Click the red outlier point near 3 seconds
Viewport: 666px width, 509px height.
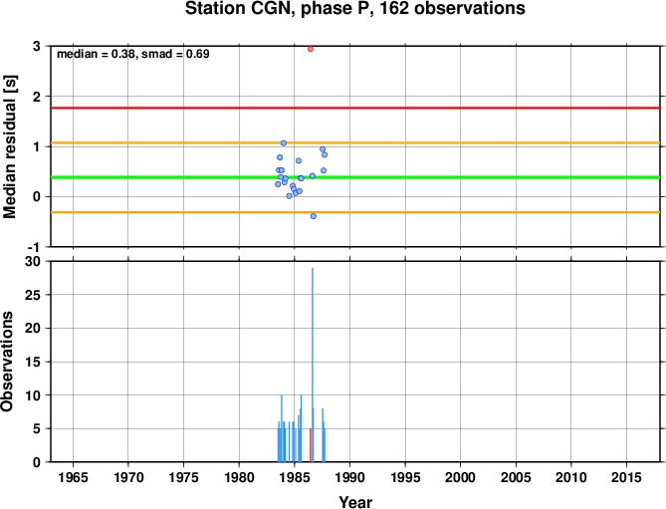[311, 49]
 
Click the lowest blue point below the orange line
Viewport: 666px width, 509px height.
[314, 216]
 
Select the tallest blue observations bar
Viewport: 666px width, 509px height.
[313, 365]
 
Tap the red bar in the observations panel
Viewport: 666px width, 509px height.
[311, 445]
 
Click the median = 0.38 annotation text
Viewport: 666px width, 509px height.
[96, 54]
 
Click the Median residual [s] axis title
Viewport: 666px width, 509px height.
[9, 147]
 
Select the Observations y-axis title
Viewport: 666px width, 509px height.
[7, 362]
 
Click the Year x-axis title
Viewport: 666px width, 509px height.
[355, 502]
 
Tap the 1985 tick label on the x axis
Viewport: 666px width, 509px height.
[295, 477]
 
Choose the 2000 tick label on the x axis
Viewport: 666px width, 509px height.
[460, 477]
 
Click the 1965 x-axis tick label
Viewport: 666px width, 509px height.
[73, 477]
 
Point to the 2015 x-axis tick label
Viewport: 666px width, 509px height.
[626, 477]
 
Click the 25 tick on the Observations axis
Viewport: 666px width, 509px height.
[33, 295]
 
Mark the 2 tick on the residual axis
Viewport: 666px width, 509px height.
[38, 97]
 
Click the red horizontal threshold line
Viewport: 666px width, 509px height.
[355, 108]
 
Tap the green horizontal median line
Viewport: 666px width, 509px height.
[355, 177]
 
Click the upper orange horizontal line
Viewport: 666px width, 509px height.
[355, 142]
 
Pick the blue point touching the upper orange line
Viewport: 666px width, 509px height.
[284, 143]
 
